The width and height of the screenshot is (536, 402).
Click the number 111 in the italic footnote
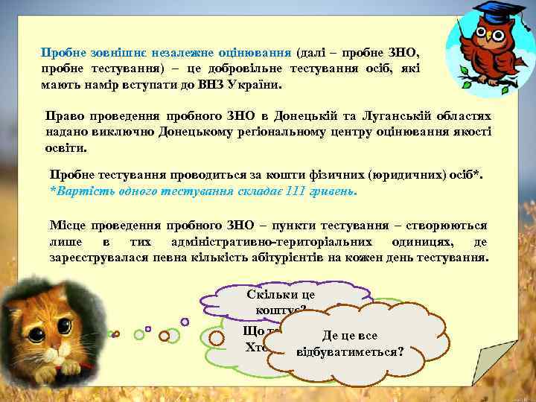(297, 190)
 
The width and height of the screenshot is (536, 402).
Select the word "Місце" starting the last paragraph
(68, 225)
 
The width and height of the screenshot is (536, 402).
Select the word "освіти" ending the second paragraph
(64, 148)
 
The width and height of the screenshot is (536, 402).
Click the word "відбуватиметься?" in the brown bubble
(349, 349)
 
